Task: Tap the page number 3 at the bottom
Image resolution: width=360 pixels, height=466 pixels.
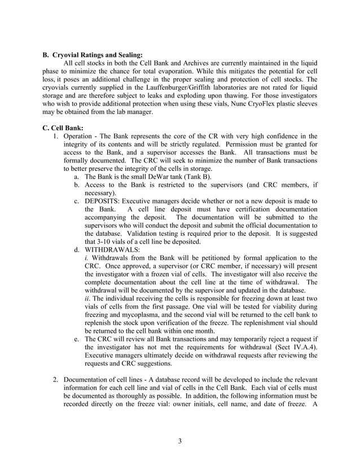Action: coord(179,441)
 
